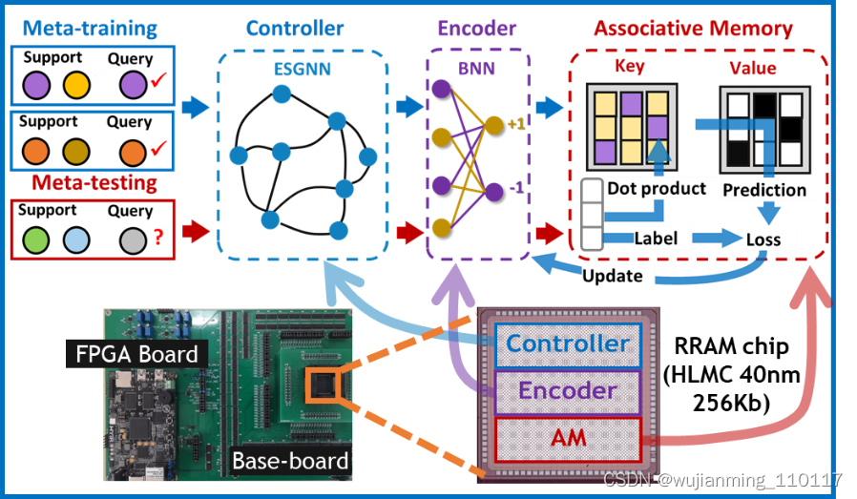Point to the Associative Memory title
pyautogui.click(x=693, y=29)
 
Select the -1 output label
pyautogui.click(x=515, y=187)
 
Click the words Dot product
pyautogui.click(x=659, y=189)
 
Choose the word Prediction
pyautogui.click(x=764, y=190)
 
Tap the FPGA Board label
pyautogui.click(x=137, y=354)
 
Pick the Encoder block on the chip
pyautogui.click(x=569, y=390)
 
